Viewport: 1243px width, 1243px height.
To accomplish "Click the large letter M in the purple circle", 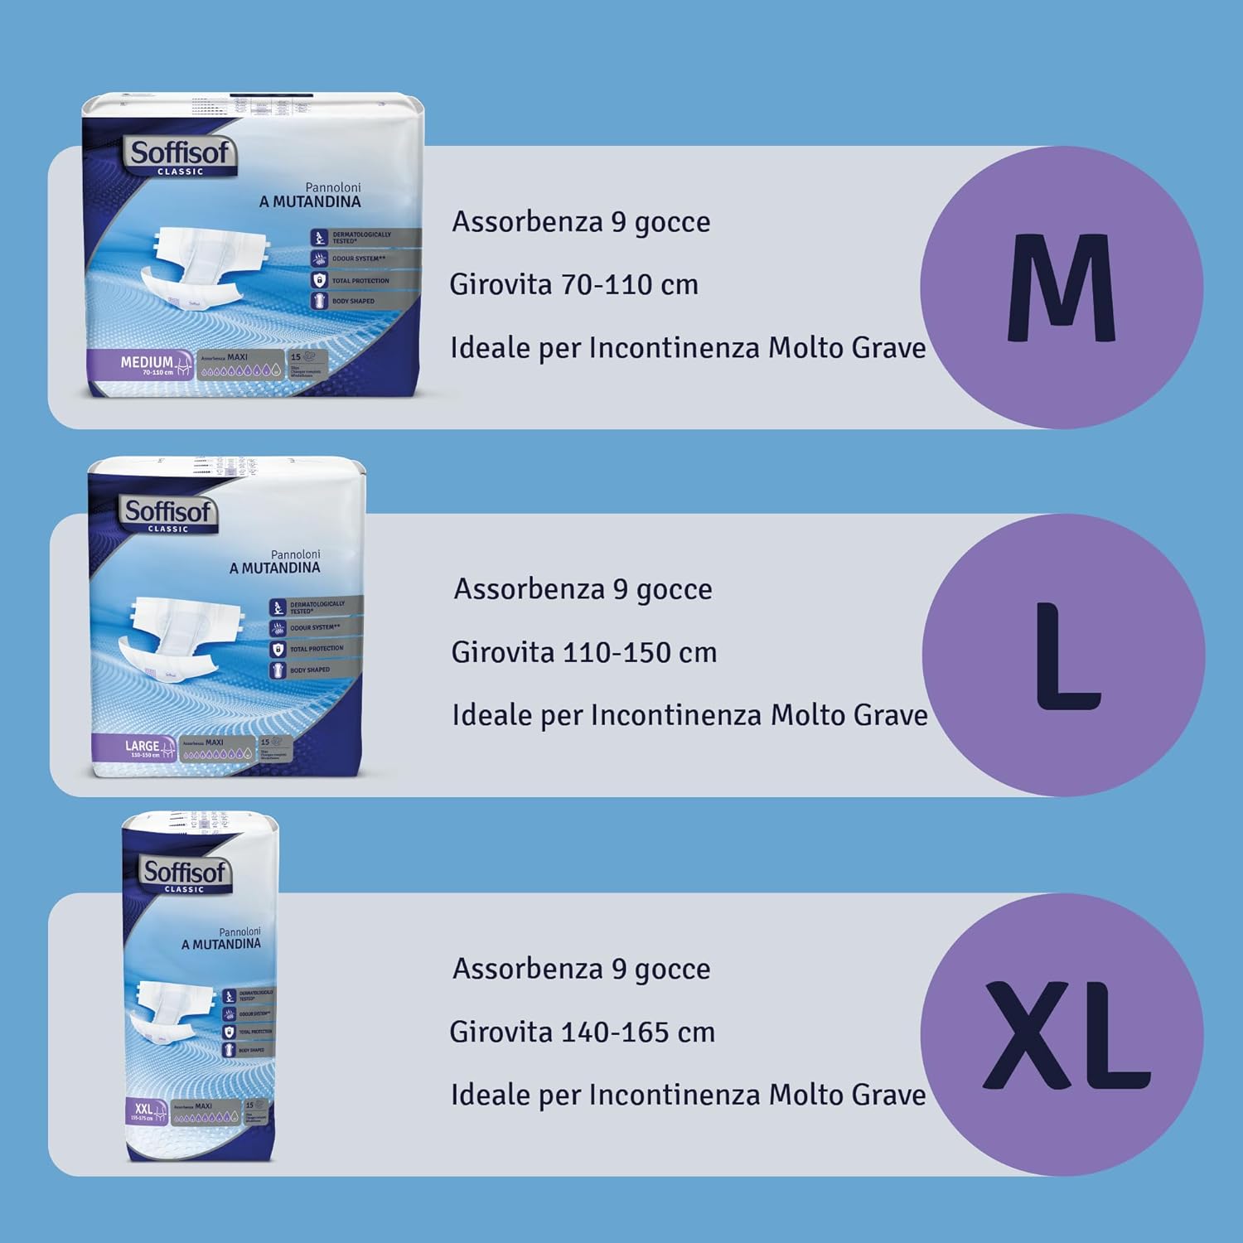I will [1062, 288].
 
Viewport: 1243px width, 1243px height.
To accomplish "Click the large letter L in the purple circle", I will [1067, 656].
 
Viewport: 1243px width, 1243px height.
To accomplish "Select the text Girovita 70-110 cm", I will [573, 285].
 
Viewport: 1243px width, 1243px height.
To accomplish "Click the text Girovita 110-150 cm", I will [583, 653].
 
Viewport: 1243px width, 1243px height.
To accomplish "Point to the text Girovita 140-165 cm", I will [582, 1033].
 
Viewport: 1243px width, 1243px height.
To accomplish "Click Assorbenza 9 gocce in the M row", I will [580, 222].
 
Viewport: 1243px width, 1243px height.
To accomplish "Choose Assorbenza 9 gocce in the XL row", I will [581, 969].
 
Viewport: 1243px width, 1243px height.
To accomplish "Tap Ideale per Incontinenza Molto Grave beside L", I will [689, 715].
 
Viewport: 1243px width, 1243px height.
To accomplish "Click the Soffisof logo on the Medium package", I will [181, 155].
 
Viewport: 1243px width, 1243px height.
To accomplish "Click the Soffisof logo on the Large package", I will [169, 514].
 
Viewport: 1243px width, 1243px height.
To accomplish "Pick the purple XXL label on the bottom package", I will [145, 1111].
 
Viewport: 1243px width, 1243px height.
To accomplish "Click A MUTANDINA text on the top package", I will [309, 201].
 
